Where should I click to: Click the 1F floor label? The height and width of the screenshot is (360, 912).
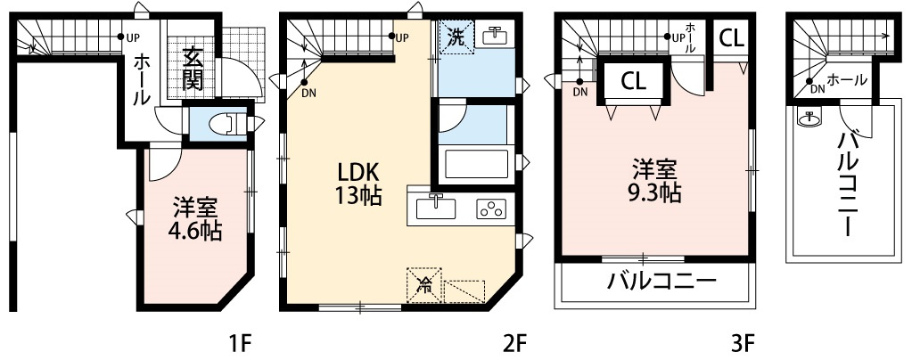[242, 342]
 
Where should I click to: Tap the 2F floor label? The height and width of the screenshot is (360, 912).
[515, 342]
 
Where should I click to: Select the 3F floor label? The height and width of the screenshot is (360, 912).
[743, 342]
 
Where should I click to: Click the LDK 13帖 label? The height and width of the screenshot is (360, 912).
[358, 184]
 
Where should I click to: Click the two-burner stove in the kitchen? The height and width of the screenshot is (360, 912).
[491, 209]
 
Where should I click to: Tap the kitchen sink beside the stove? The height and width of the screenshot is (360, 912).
[436, 208]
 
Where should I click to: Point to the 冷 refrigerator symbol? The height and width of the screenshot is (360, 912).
[426, 286]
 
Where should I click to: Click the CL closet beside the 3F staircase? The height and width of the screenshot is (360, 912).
[633, 81]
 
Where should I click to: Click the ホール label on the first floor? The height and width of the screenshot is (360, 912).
[142, 79]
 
